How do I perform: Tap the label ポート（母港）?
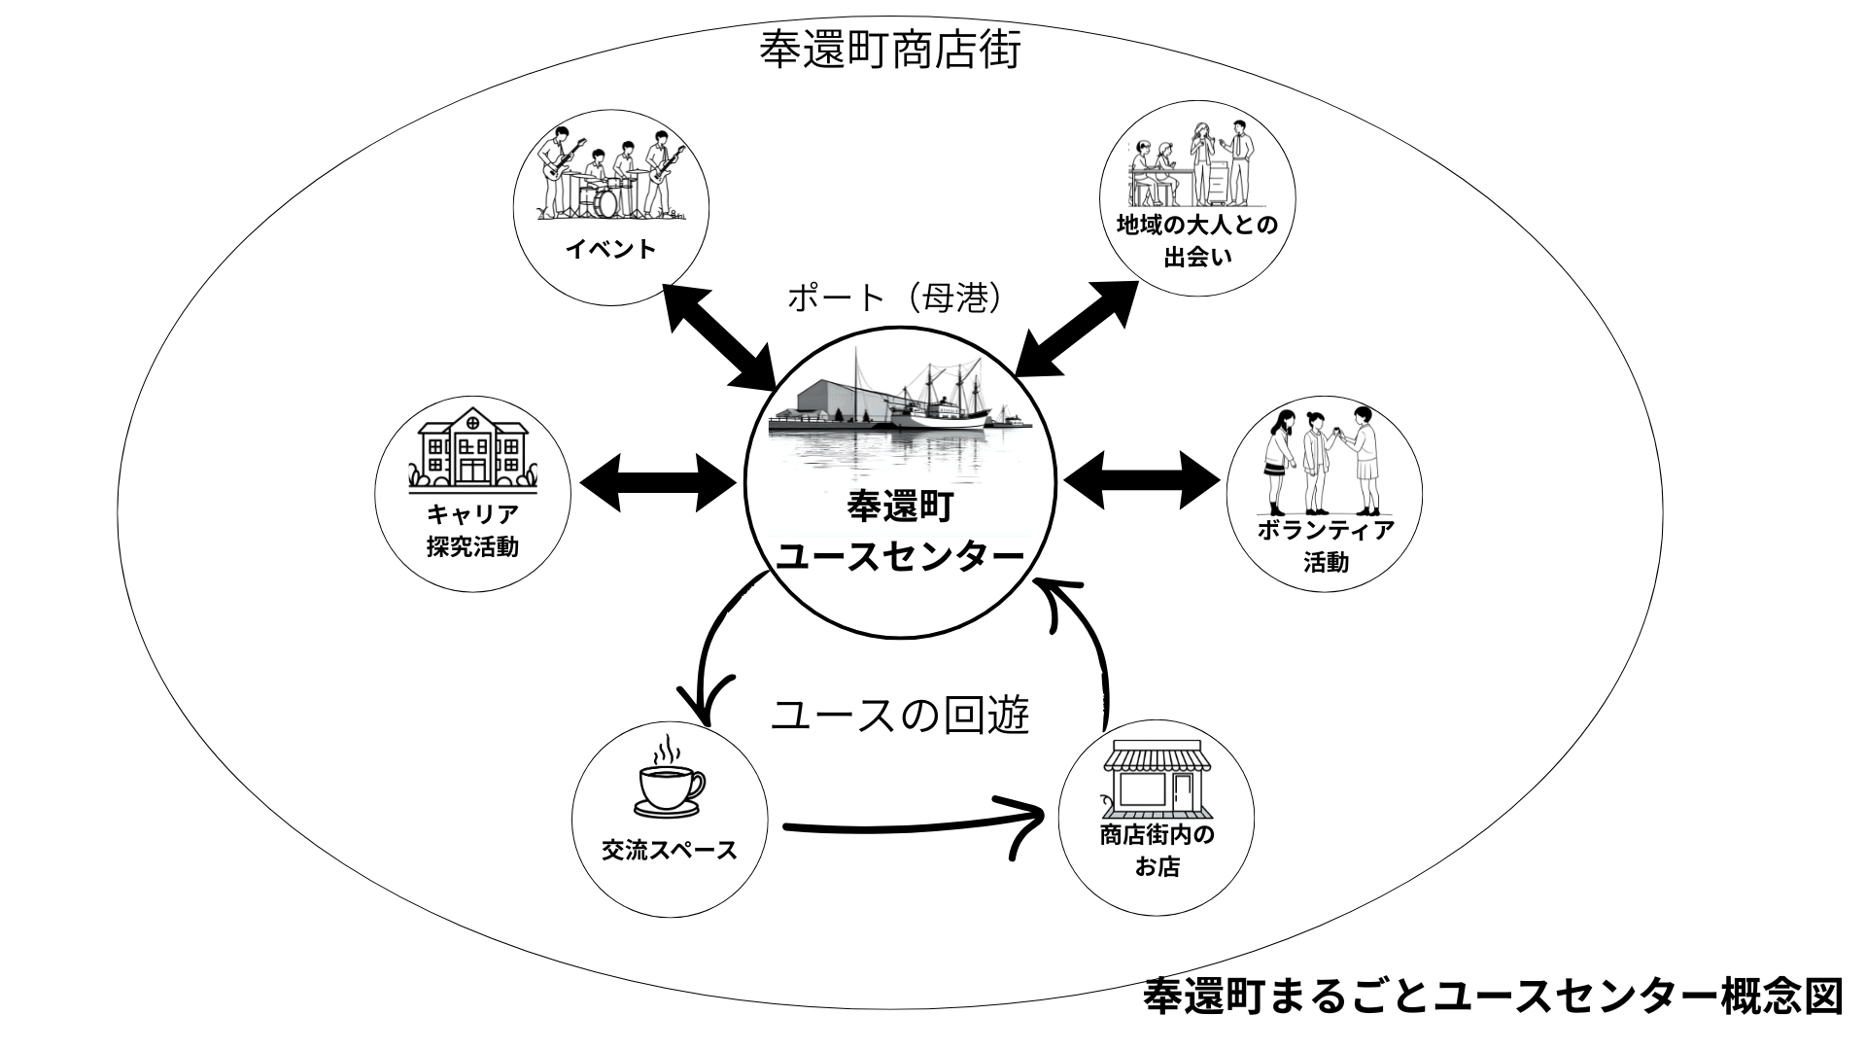[x=894, y=297]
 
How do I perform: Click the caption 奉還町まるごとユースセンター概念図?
[x=1492, y=997]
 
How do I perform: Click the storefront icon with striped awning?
[x=1156, y=778]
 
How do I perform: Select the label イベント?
[x=611, y=249]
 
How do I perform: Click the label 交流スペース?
[x=670, y=851]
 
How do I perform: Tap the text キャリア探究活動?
[x=473, y=530]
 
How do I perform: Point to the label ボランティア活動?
[x=1326, y=545]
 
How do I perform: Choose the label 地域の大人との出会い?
[x=1197, y=240]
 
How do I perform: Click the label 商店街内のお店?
[x=1157, y=850]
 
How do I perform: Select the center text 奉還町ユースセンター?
[x=901, y=532]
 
